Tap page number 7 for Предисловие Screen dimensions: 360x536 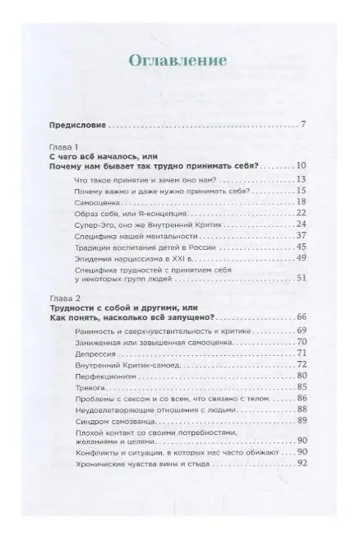click(x=303, y=126)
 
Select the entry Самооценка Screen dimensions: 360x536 click(x=98, y=201)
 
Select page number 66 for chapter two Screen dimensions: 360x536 click(x=301, y=317)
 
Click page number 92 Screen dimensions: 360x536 click(x=301, y=464)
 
